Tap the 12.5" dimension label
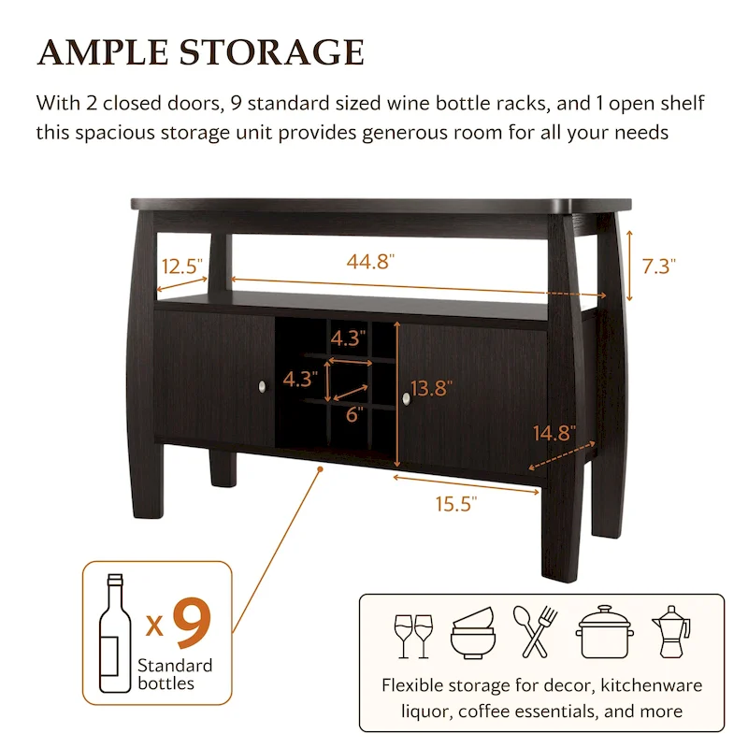[181, 266]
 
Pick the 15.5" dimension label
[456, 505]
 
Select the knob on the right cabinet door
[407, 399]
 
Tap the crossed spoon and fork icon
[535, 632]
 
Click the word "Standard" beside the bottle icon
[176, 666]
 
